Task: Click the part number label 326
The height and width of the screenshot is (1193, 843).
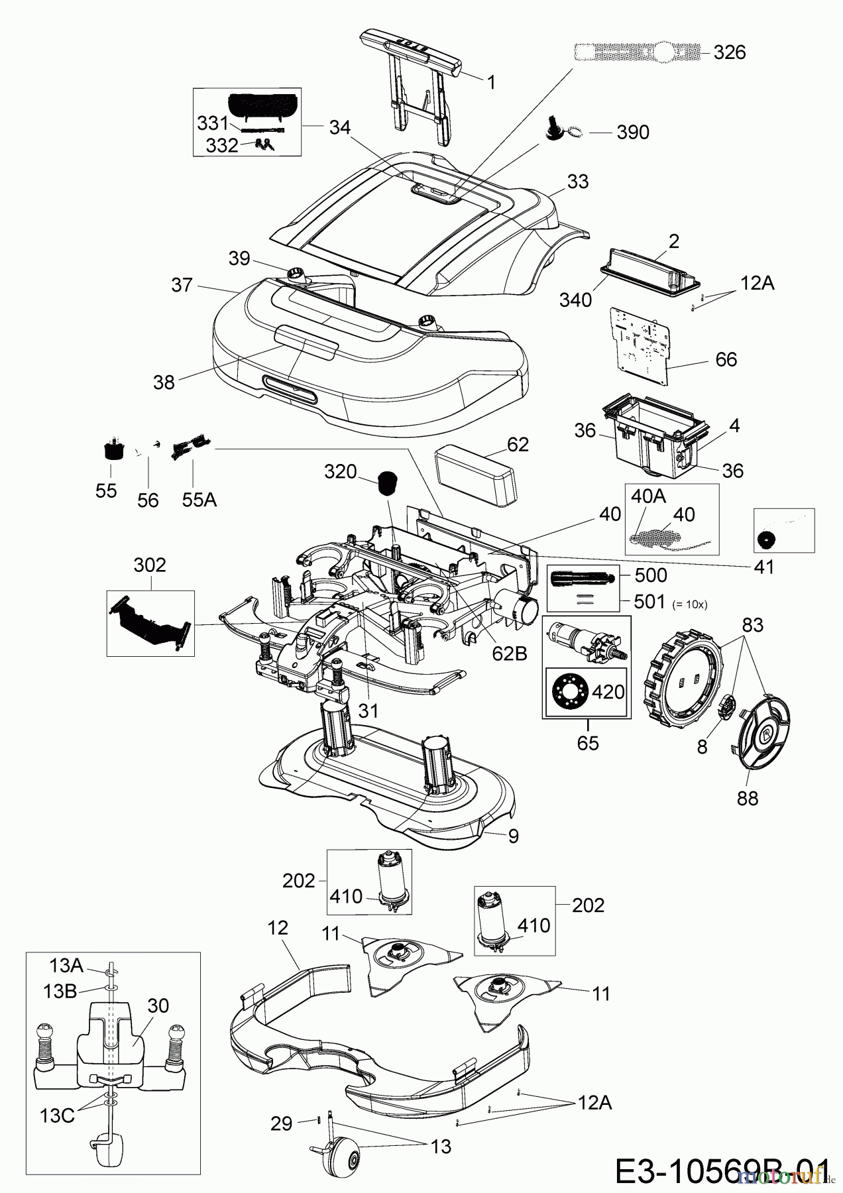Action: coord(730,52)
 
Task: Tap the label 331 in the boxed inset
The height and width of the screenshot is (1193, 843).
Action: coord(212,124)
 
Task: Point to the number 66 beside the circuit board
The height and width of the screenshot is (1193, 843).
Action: coord(726,359)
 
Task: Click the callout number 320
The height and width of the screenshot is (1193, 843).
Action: coord(341,471)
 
